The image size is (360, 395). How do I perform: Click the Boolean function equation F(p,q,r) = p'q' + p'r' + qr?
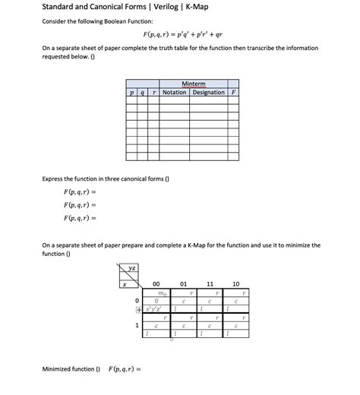coord(187,35)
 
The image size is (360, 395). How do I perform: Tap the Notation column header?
coord(174,93)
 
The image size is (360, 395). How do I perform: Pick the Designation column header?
coord(208,93)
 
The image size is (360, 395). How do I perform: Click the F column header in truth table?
coord(233,93)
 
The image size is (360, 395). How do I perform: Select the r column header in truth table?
coord(153,93)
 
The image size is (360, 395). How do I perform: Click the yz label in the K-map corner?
coord(133,267)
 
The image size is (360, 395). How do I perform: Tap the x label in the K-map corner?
coord(124,283)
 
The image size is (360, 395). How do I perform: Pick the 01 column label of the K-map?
coord(183,283)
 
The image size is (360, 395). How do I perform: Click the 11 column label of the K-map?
coord(210,283)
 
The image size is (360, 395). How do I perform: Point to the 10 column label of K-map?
coord(236,283)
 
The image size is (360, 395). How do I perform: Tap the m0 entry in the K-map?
coord(156,292)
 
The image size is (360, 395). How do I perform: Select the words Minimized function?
coord(71,369)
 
